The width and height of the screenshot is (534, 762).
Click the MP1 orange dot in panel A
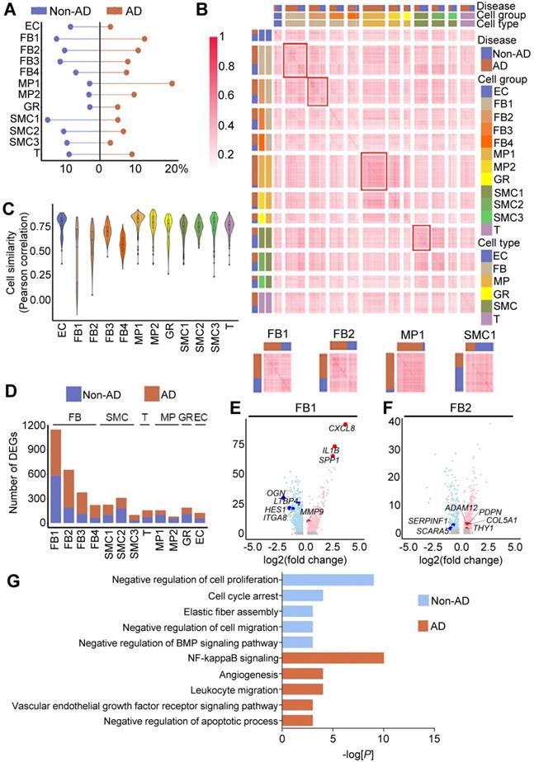[x=172, y=82]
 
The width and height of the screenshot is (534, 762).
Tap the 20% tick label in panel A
[x=176, y=169]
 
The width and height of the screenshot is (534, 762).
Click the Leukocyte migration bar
[x=308, y=690]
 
